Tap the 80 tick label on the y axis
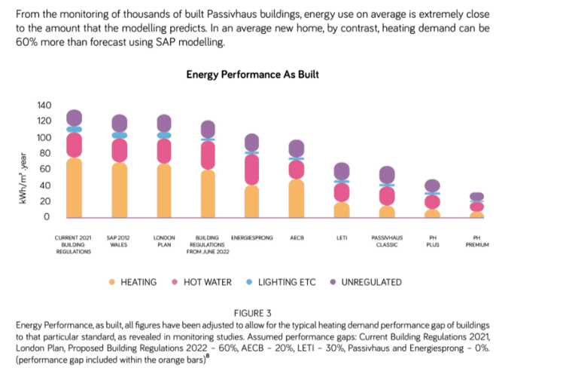pos(45,153)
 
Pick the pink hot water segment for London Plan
pos(164,151)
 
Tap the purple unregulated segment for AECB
pos(297,149)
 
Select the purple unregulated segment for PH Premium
pos(476,197)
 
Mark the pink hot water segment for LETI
pos(342,192)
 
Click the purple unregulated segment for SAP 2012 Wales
pos(119,123)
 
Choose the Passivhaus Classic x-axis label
pos(387,241)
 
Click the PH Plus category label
pos(432,241)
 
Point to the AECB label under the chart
pos(297,238)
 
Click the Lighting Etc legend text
pos(287,282)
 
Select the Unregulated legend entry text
pos(371,282)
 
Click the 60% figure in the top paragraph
pos(28,42)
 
